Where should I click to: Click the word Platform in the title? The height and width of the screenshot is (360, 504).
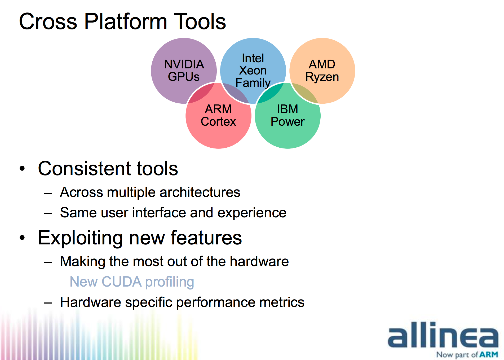[x=126, y=22]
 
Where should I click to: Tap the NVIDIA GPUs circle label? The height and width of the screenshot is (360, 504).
[x=184, y=71]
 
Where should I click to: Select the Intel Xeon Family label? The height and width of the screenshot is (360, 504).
[x=253, y=71]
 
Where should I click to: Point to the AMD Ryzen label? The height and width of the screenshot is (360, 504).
[x=322, y=71]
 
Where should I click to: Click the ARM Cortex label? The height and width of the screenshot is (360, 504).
[x=218, y=115]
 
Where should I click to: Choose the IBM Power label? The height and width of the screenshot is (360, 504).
[x=288, y=115]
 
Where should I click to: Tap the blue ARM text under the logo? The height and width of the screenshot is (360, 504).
[x=489, y=354]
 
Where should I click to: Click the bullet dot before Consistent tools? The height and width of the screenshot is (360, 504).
[x=22, y=168]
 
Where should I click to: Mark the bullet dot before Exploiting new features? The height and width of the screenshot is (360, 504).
[x=22, y=238]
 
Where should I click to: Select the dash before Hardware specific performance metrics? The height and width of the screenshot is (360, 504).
[x=48, y=303]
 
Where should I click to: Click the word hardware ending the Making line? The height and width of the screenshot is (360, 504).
[x=259, y=261]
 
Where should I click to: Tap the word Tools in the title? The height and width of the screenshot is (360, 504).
[x=200, y=22]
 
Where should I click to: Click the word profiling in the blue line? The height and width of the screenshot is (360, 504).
[x=170, y=282]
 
